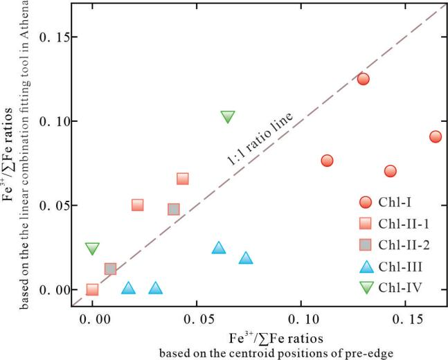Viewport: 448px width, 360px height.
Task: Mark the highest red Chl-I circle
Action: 363,79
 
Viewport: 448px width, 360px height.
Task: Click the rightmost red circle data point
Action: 435,136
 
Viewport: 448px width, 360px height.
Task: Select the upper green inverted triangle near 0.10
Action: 228,116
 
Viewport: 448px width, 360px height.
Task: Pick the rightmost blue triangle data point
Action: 246,258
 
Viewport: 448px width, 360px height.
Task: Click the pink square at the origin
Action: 92,289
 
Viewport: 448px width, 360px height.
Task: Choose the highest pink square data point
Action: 182,179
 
